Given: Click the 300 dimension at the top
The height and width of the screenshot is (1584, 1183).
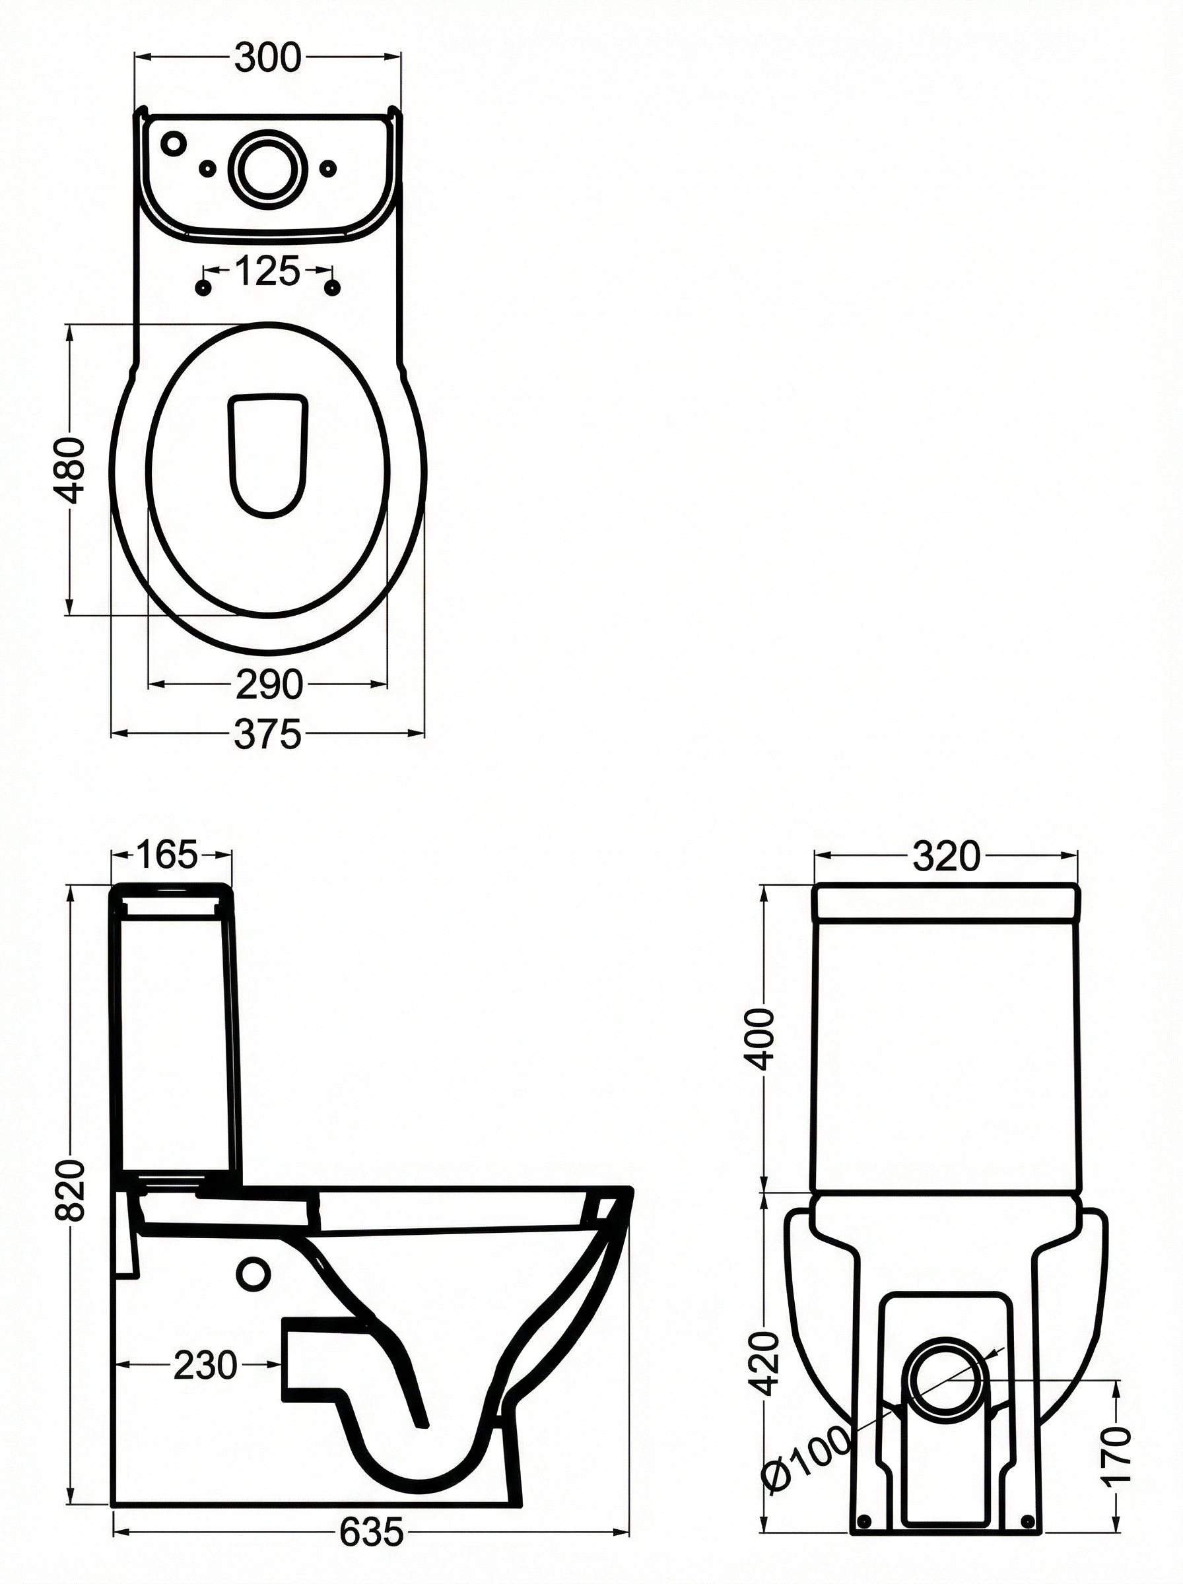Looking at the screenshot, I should click(x=268, y=59).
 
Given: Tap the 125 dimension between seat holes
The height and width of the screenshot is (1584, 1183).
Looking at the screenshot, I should click(x=267, y=272).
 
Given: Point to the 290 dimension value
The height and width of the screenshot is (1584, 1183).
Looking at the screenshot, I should click(x=269, y=685).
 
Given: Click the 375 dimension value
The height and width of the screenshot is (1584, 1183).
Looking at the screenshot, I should click(x=268, y=734).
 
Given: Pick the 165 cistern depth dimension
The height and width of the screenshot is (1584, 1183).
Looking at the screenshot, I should click(x=166, y=855).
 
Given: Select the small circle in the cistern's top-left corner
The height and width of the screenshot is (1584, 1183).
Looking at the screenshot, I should click(x=172, y=143).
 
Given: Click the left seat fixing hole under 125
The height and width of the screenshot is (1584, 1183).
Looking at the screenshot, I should click(x=204, y=288).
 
